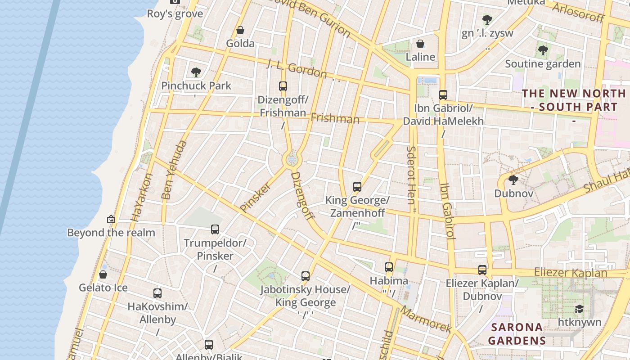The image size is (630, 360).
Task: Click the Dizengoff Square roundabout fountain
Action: (292, 159)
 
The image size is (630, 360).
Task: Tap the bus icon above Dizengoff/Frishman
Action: (283, 86)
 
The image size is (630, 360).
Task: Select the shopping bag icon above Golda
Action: (240, 30)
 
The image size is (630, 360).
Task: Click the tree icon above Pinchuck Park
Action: (196, 72)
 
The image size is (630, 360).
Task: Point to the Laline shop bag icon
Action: (420, 44)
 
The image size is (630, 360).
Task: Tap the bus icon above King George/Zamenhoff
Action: (357, 186)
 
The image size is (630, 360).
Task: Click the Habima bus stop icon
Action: (389, 267)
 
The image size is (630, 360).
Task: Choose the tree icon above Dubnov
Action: (513, 180)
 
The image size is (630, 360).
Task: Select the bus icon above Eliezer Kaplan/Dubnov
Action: (482, 270)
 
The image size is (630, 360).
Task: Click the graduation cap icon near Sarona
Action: (579, 309)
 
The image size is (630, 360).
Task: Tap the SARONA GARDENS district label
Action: (517, 333)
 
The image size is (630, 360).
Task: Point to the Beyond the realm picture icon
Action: (111, 219)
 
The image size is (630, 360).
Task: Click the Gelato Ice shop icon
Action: (103, 274)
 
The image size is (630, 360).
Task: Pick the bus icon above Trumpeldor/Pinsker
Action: (215, 229)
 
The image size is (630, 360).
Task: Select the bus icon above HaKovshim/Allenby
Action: (157, 293)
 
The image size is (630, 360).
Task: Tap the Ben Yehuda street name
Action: (173, 170)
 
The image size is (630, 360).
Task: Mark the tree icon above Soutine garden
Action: (543, 50)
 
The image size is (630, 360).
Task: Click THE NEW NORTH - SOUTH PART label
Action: (574, 100)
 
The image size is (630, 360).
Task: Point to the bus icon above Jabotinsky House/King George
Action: (306, 276)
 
